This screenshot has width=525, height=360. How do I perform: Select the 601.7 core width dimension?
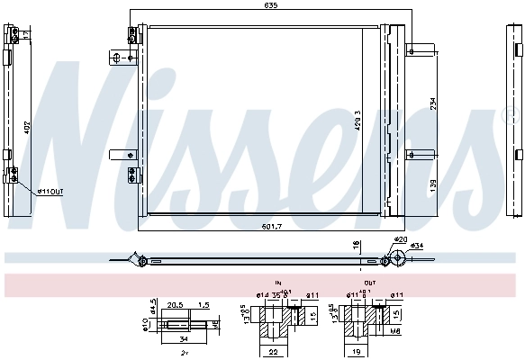coord(270,225)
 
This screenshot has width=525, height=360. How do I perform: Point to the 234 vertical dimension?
coord(432,105)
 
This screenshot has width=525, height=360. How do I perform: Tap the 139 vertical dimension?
coord(432,184)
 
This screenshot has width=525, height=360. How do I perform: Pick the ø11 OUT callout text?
coord(50,191)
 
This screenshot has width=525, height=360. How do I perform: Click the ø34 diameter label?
coord(418,246)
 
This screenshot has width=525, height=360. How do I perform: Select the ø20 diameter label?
coord(401,238)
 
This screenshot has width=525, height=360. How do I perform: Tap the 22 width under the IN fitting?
coord(273,353)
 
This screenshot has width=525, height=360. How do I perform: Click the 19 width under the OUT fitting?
coord(358,353)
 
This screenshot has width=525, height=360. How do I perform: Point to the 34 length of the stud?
coord(183,339)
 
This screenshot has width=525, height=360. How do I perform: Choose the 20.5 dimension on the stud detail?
coord(175,305)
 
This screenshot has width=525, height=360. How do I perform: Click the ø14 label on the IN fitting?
coord(263,295)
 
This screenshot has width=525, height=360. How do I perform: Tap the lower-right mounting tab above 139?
coord(419,154)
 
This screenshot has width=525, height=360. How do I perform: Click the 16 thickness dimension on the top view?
coord(357,244)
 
